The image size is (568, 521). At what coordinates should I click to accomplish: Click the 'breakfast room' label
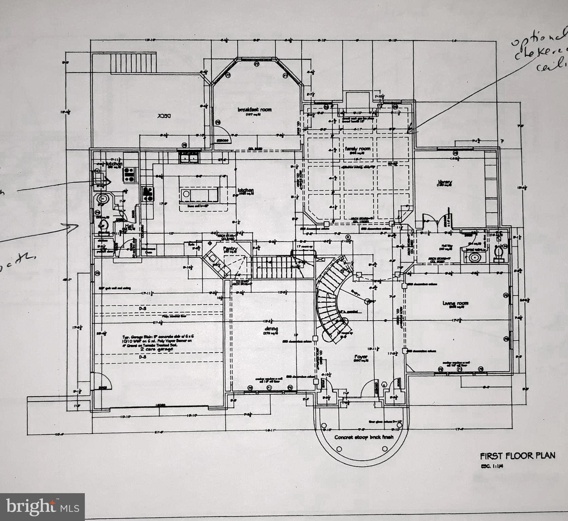click(x=254, y=110)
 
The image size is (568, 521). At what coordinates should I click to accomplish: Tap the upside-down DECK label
click(x=164, y=115)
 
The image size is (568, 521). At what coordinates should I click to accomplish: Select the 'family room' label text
click(x=358, y=149)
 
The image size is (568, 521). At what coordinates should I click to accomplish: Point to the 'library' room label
click(x=444, y=182)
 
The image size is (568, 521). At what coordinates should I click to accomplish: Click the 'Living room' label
click(x=455, y=303)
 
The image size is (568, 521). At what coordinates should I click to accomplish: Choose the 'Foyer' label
click(x=361, y=356)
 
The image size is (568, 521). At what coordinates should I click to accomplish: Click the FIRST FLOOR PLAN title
click(x=517, y=456)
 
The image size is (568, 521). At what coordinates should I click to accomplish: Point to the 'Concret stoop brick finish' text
click(x=364, y=437)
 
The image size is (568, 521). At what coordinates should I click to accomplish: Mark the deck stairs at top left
click(x=133, y=62)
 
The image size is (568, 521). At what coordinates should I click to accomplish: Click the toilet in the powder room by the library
click(x=498, y=253)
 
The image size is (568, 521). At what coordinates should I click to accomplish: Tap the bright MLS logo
click(x=42, y=507)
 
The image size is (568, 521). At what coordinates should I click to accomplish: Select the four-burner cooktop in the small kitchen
click(x=129, y=174)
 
